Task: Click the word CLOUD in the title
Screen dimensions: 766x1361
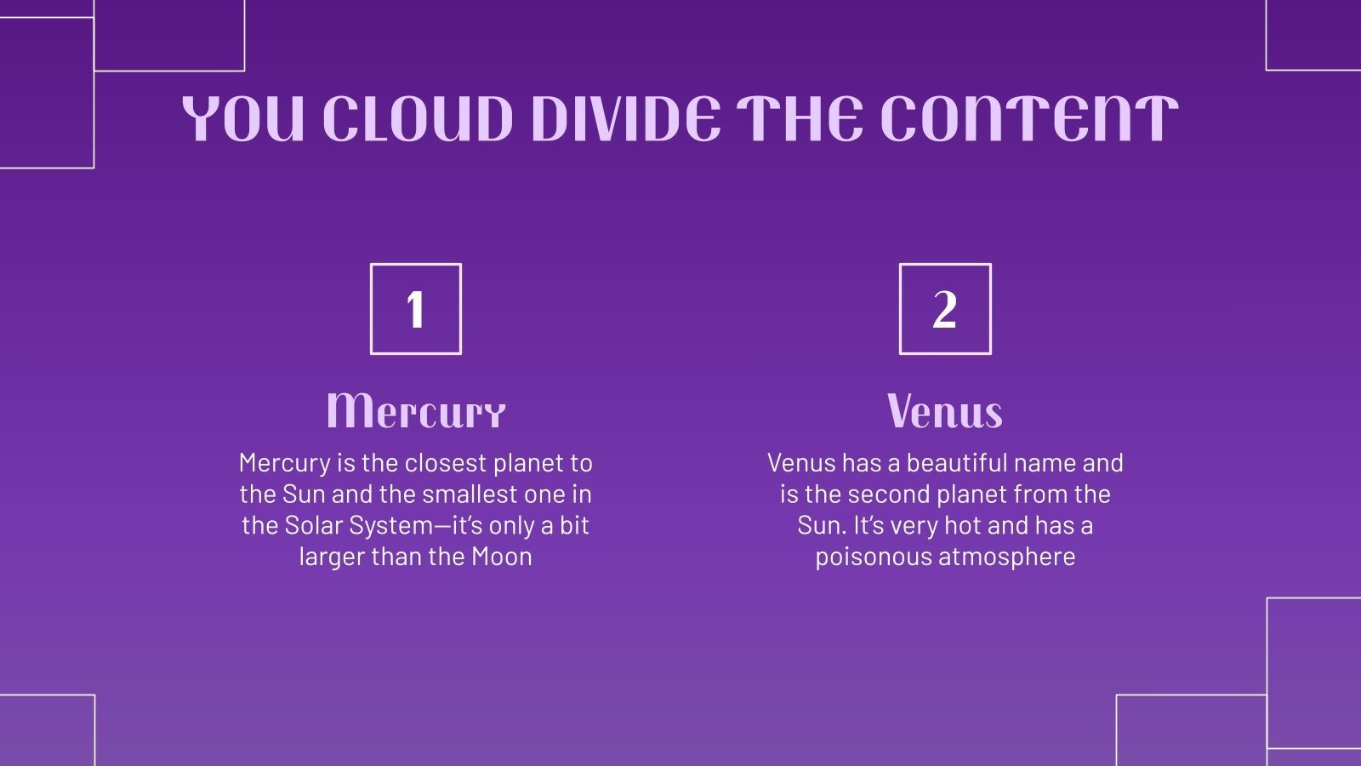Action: pyautogui.click(x=418, y=119)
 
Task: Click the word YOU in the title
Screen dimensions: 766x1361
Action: pyautogui.click(x=243, y=119)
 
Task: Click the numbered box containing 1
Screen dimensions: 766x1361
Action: pyautogui.click(x=416, y=309)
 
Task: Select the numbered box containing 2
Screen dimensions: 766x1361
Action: pyautogui.click(x=945, y=309)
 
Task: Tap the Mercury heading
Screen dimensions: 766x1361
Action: pyautogui.click(x=416, y=411)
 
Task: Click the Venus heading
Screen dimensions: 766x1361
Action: pyautogui.click(x=945, y=411)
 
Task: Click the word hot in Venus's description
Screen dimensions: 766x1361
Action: pyautogui.click(x=961, y=525)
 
